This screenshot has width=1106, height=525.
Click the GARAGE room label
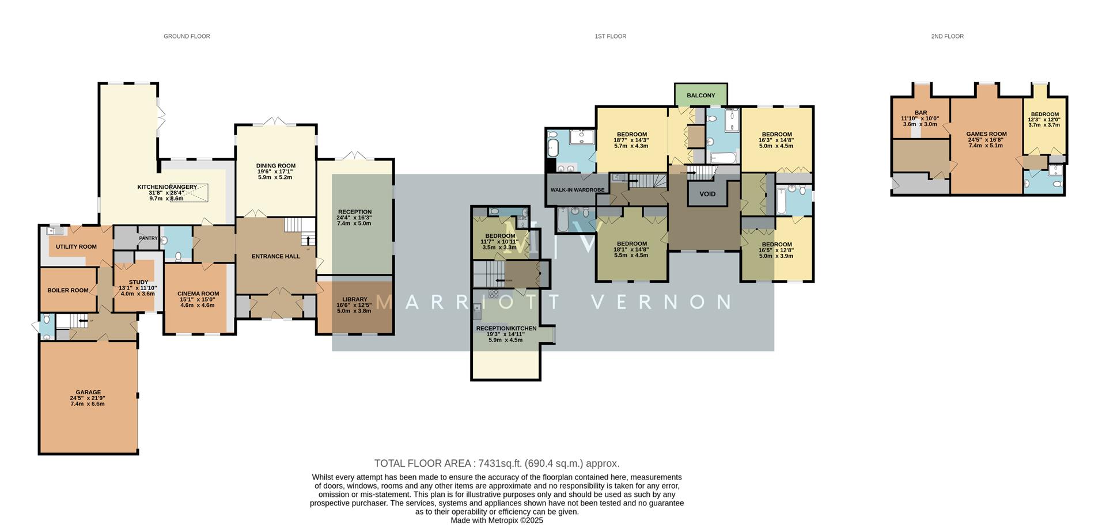88,392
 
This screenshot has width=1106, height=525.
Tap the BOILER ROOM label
68,290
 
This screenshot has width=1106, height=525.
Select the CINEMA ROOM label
198,294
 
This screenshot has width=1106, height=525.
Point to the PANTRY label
148,238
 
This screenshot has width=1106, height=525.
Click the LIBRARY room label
354,299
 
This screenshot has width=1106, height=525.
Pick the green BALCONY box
700,96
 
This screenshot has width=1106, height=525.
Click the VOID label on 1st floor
707,194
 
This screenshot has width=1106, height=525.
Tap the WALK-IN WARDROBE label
577,189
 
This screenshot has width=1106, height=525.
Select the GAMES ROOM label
986,134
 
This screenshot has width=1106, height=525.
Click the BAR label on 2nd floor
921,113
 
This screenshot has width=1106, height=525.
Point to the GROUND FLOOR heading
187,36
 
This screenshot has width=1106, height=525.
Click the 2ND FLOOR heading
947,36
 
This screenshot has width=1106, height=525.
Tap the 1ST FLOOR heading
610,36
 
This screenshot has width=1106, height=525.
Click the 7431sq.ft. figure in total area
499,463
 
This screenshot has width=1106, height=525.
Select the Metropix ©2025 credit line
497,520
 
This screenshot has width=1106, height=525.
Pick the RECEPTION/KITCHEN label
506,328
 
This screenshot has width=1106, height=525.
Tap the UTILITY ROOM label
76,247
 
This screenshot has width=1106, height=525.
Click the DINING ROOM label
275,166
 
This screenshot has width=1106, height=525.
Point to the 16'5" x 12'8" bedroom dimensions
776,250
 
